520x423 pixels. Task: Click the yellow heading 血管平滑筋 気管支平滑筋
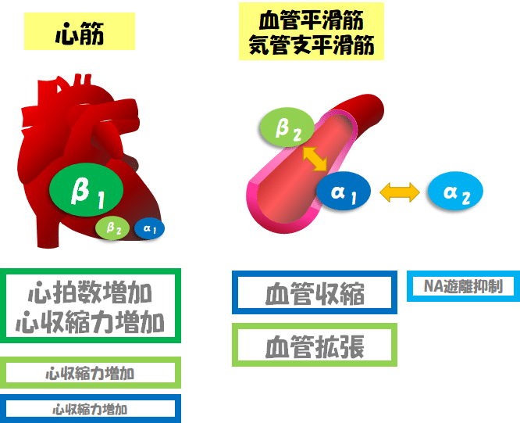click(x=311, y=32)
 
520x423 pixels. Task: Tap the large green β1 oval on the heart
click(x=87, y=190)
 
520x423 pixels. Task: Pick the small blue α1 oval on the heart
click(x=149, y=228)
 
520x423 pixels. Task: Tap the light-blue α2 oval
click(x=455, y=192)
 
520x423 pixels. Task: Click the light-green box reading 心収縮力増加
click(x=92, y=372)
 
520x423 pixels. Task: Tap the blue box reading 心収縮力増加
click(x=92, y=408)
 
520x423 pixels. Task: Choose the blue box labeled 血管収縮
click(x=315, y=292)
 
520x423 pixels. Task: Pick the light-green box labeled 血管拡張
click(x=315, y=344)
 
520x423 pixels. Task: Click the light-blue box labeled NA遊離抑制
click(x=463, y=286)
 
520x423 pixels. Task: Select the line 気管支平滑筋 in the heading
click(x=311, y=45)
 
